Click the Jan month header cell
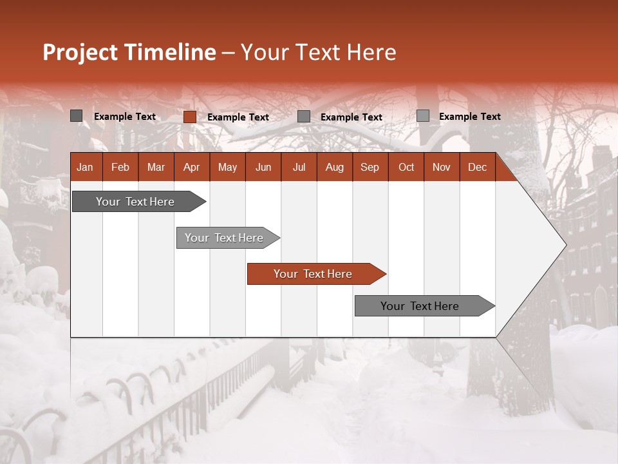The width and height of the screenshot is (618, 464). point(86,167)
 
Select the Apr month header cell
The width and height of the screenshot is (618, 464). point(192,167)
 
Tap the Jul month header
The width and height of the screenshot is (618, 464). point(299,167)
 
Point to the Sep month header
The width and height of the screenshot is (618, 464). point(370,167)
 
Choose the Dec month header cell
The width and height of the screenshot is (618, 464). point(477,167)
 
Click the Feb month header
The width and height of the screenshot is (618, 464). point(120,167)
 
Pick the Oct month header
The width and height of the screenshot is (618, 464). point(406,167)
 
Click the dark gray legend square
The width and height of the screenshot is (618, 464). point(77,116)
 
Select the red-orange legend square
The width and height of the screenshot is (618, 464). point(189,117)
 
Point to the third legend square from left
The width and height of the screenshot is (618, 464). point(304,117)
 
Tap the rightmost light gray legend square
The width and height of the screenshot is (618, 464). point(422,116)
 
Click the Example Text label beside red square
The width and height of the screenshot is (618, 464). point(238,117)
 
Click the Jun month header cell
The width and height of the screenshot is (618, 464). point(263,167)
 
